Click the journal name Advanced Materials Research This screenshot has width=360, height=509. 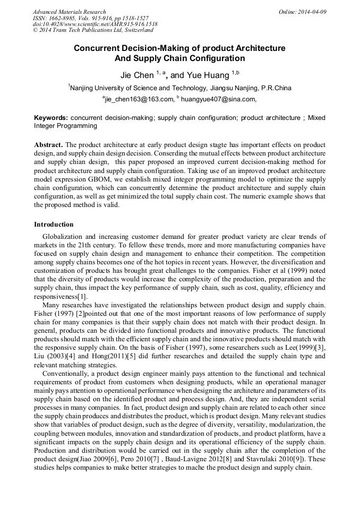(x=69, y=12)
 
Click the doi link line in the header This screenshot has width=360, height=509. (x=95, y=24)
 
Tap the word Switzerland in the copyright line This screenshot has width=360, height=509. (x=134, y=31)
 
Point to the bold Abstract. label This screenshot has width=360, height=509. (x=48, y=145)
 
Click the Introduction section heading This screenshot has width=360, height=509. (x=54, y=225)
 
